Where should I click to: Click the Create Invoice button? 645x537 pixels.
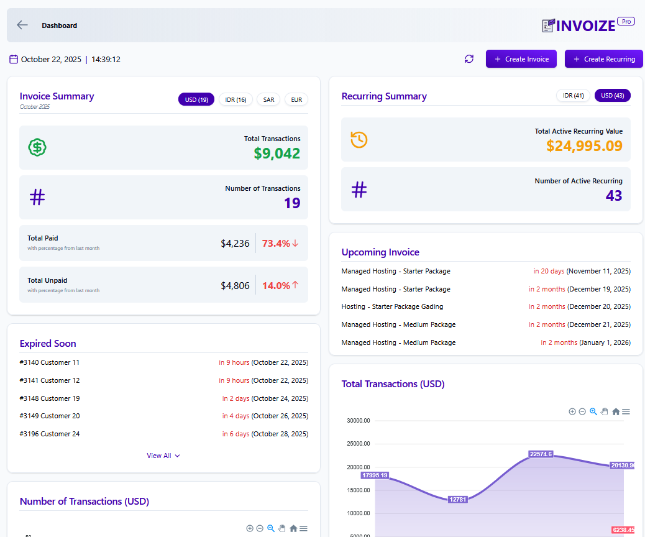[521, 59]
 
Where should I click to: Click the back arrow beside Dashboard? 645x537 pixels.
[22, 25]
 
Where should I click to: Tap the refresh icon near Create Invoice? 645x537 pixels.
[469, 59]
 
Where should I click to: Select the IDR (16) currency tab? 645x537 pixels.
[236, 99]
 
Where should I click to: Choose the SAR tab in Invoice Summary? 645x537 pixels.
[268, 99]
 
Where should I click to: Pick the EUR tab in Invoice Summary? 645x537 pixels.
[296, 99]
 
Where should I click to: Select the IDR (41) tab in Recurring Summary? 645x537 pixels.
[573, 96]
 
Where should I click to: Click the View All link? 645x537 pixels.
[163, 456]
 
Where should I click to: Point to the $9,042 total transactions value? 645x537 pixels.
[277, 154]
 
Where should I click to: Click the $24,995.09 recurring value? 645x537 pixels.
[584, 146]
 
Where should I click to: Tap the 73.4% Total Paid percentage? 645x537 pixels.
[276, 244]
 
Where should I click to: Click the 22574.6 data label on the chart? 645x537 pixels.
[541, 454]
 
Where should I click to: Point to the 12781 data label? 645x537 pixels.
[457, 500]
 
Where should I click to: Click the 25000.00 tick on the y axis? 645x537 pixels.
[359, 444]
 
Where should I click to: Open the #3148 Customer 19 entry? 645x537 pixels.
[50, 398]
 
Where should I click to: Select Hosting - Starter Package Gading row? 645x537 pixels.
[392, 306]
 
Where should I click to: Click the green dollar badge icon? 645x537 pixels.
[37, 147]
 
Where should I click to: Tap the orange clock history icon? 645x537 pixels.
[359, 140]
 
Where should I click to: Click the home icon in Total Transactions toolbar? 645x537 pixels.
[616, 411]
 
